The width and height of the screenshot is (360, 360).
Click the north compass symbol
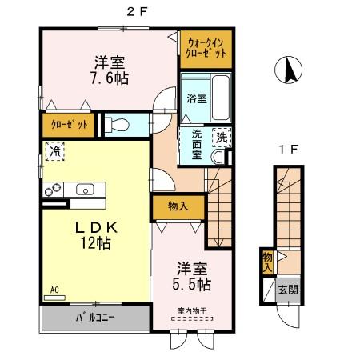[287, 73]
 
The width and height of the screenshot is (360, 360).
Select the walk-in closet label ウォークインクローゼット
[205, 46]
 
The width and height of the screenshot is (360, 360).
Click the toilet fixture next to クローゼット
[116, 125]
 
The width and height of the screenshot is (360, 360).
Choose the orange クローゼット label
[68, 126]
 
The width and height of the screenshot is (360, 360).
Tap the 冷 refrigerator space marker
[55, 150]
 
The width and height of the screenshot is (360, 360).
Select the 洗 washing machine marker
[221, 138]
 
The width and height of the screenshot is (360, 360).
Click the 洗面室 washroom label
[197, 145]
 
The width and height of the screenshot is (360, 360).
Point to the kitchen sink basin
[85, 190]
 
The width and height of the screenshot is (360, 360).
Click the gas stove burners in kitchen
[55, 190]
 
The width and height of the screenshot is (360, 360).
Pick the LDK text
[91, 226]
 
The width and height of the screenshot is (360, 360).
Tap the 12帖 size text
[94, 243]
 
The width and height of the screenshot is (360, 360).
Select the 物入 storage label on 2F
[177, 206]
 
